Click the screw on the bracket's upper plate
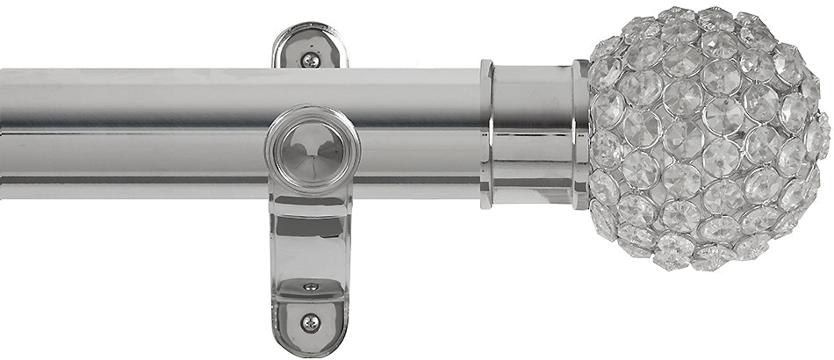(311, 60)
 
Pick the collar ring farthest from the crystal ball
(486, 133)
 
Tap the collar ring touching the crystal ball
(581, 133)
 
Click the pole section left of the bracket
(132, 132)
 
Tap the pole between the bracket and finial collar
(417, 132)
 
